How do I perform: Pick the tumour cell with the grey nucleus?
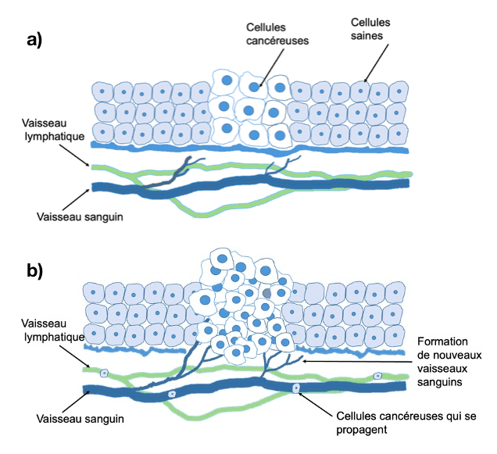[x=267, y=293]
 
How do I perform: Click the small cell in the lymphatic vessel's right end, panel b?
[x=377, y=375]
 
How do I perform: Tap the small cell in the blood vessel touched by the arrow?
[x=295, y=388]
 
